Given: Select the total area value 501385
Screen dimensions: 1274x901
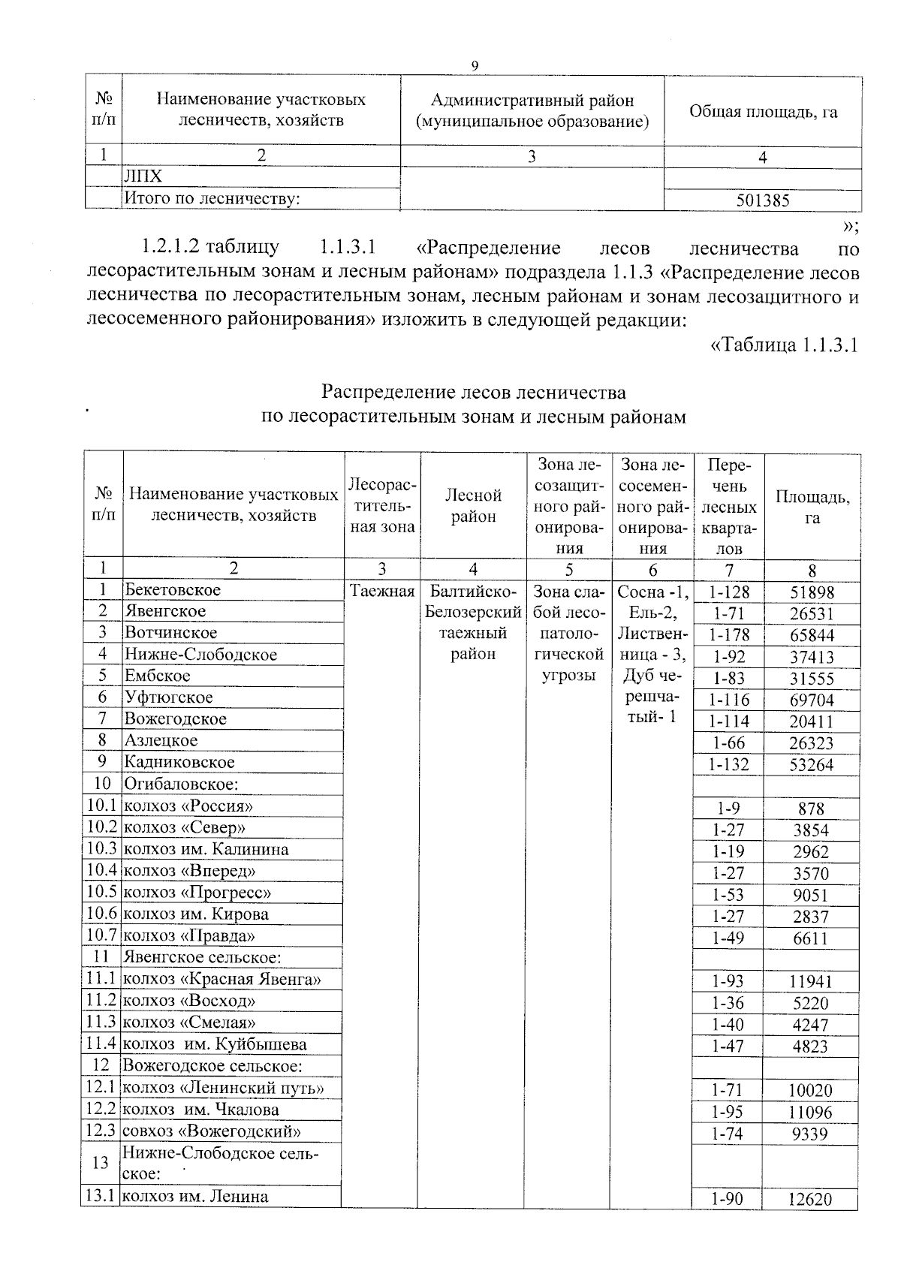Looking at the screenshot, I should tap(762, 200).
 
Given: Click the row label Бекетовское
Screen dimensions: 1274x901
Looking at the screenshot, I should tap(173, 590).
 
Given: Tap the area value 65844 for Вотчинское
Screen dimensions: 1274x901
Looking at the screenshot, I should tap(812, 635).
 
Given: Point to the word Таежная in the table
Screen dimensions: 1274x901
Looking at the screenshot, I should tap(382, 591).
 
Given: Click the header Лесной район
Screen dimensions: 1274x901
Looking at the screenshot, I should tap(473, 505).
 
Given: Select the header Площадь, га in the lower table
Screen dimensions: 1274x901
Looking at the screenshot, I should tap(812, 507).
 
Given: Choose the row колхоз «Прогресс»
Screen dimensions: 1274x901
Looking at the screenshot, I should tap(197, 893).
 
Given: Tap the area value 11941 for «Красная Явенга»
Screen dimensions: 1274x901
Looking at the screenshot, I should tap(810, 981).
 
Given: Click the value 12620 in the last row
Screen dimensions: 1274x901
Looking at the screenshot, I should tap(809, 1200).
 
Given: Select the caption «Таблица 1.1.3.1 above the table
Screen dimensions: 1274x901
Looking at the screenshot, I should tap(782, 345).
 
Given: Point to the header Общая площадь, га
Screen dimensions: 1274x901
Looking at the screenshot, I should tap(763, 113).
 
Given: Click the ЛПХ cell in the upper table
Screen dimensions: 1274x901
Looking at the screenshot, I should tap(143, 176).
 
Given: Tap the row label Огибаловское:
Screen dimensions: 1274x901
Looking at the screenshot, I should tap(181, 784).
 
